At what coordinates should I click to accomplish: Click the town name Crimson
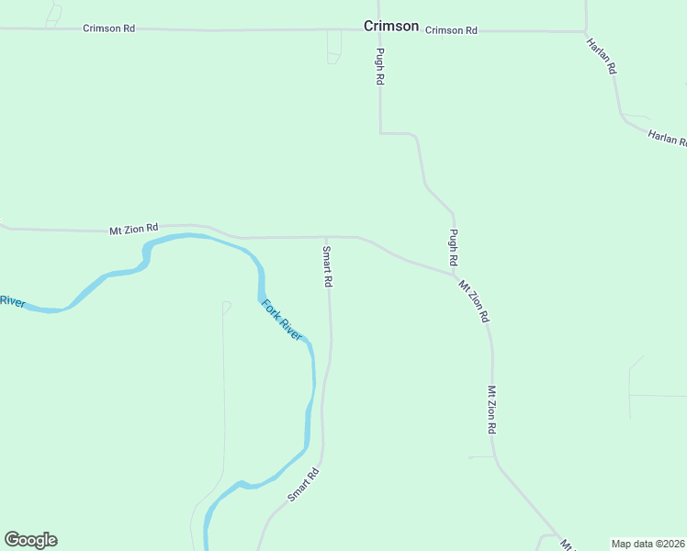[391, 27]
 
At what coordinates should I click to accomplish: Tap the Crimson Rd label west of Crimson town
[108, 28]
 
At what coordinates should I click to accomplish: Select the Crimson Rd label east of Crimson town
[451, 30]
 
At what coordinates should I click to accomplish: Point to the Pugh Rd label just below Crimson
[378, 66]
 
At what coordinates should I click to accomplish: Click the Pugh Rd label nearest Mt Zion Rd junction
[453, 248]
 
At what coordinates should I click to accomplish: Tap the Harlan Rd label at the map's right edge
[668, 138]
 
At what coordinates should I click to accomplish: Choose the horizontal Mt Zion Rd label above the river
[134, 229]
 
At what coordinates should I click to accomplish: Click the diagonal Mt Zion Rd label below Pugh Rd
[474, 301]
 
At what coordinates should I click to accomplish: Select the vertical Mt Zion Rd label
[492, 410]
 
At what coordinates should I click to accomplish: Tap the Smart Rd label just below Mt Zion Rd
[326, 267]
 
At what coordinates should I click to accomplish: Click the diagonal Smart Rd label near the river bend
[302, 485]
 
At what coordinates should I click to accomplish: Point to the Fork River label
[281, 320]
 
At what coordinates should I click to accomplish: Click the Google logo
[30, 540]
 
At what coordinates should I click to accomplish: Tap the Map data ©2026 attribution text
[648, 544]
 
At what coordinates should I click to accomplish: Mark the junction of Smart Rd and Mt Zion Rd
[325, 237]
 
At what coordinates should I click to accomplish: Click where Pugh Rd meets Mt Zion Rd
[456, 273]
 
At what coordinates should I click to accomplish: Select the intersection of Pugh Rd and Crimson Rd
[379, 30]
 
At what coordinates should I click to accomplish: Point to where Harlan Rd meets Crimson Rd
[586, 31]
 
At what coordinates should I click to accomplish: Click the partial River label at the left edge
[12, 301]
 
